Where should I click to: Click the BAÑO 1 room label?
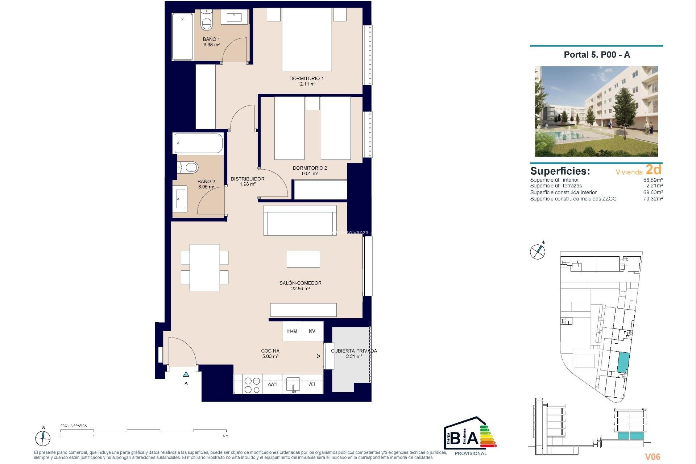tap(211, 39)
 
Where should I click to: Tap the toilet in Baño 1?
tap(207, 22)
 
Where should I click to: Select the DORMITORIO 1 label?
tap(306, 78)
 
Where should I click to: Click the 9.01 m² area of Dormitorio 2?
tap(310, 174)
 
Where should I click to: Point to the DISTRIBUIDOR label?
tap(248, 179)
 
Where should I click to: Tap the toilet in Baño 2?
tap(189, 167)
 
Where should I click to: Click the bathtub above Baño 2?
tap(198, 143)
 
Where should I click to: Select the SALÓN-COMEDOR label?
tap(300, 283)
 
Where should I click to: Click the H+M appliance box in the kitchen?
tap(292, 331)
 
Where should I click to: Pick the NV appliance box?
tap(312, 331)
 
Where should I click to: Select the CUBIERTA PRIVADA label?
tap(354, 351)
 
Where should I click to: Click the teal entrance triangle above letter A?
tap(186, 374)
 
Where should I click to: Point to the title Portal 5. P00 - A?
tap(597, 55)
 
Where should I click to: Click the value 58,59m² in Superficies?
tap(653, 180)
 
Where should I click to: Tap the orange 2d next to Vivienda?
tap(653, 170)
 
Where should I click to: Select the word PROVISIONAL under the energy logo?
tap(471, 453)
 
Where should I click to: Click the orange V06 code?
tap(652, 457)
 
